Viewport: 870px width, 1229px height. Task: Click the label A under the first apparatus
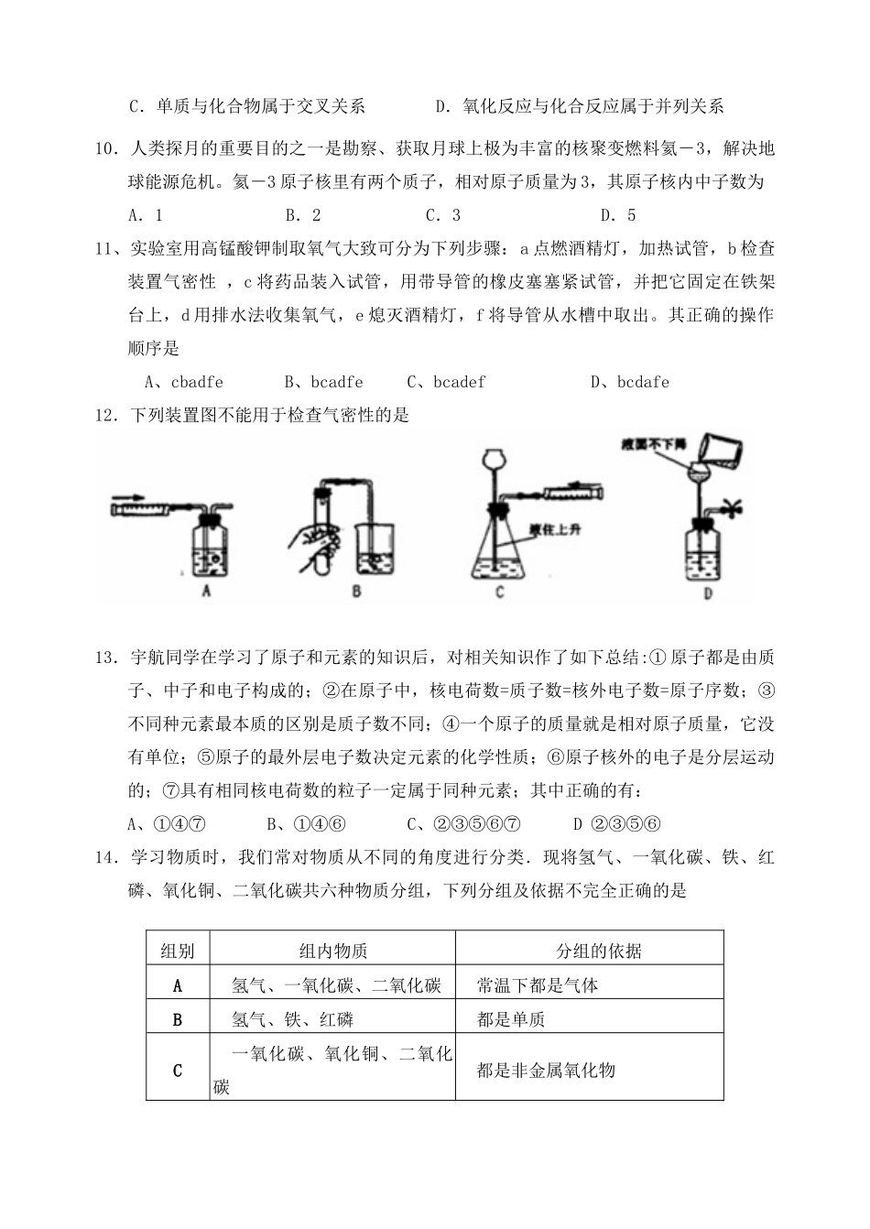point(207,592)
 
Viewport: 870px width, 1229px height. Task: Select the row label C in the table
point(178,1070)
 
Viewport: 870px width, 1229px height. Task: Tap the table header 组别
point(178,951)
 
